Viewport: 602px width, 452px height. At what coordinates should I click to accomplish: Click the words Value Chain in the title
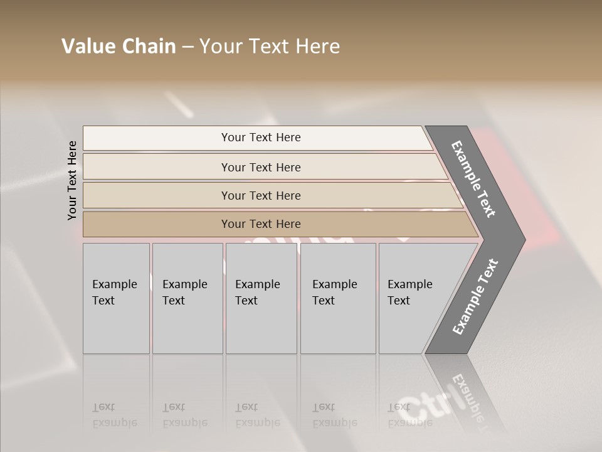pos(119,46)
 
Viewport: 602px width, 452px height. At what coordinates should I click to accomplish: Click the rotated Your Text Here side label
pos(72,180)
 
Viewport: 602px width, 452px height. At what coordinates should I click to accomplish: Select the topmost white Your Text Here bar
pos(261,137)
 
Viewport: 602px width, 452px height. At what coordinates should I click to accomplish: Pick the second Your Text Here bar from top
pos(261,167)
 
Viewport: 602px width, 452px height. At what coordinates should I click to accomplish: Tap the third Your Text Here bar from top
pos(261,195)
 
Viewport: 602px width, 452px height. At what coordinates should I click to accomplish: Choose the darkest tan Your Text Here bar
pos(261,224)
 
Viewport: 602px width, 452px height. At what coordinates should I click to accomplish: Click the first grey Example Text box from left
pos(116,298)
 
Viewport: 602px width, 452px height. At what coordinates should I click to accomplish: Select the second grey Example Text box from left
pos(187,298)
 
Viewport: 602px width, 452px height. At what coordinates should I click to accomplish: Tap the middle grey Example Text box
pos(261,298)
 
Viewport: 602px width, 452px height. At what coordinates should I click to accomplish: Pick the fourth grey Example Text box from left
pos(337,298)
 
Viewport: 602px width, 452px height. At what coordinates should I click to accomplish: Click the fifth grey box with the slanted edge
pos(414,298)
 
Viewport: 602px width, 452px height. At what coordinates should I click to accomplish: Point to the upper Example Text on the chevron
pos(474,179)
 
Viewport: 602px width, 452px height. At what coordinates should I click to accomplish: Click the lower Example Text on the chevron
pos(475,296)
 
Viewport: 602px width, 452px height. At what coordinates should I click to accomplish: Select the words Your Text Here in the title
pos(270,46)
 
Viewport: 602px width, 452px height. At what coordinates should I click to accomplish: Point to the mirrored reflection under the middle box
pos(258,414)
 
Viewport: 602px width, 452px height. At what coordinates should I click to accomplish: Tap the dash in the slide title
pos(187,47)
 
